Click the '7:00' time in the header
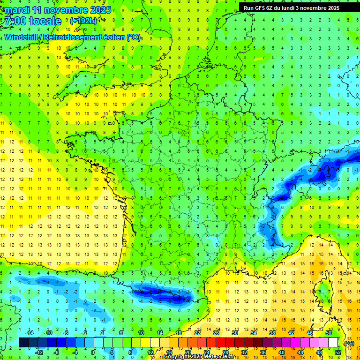pos(15,21)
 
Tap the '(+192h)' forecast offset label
pos(83,21)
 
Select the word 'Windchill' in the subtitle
pos(22,37)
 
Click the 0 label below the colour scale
pos(93,352)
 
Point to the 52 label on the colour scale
pos(337,352)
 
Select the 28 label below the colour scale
pos(225,352)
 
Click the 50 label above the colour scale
pos(328,333)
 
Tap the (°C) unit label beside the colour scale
pos(349,343)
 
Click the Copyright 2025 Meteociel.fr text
pos(199,357)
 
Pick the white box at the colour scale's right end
pos(333,343)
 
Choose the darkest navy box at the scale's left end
pos(23,343)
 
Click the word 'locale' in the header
pos(45,21)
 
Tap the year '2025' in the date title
pos(99,10)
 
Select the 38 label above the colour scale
pos(272,333)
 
